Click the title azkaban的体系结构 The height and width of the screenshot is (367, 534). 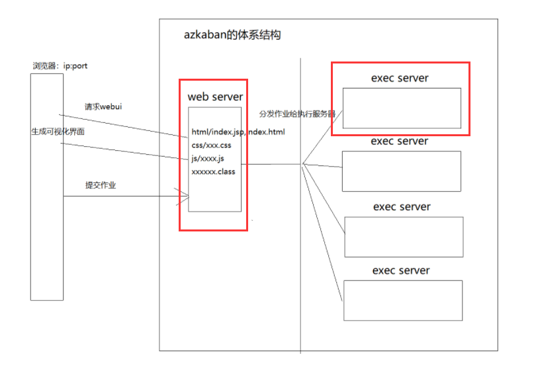(x=232, y=35)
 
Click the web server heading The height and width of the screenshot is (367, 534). (x=215, y=97)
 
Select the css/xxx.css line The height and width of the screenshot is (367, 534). (x=212, y=145)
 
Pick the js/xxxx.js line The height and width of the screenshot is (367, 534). (x=208, y=158)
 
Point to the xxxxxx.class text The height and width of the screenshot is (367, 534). (x=213, y=171)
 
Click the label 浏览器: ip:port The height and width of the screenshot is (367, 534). (x=61, y=66)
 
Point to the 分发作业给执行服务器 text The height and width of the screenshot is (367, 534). (x=297, y=114)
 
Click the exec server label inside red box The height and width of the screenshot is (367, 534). (x=400, y=78)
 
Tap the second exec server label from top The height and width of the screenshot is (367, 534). (x=399, y=141)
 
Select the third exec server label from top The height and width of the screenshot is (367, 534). (x=402, y=206)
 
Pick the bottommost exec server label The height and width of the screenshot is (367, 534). (x=401, y=270)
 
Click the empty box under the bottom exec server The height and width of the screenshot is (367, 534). (x=402, y=300)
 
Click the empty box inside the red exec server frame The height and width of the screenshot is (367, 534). (x=401, y=107)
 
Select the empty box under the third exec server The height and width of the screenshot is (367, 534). (x=404, y=237)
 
